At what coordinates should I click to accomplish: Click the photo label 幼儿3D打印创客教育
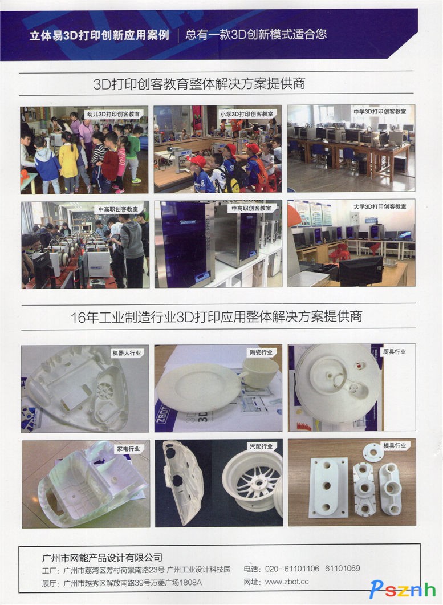[x=113, y=114]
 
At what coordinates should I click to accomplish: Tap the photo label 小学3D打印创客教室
[x=246, y=114]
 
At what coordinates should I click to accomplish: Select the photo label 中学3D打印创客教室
[x=380, y=112]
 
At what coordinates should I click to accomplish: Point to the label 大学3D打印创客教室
[x=380, y=207]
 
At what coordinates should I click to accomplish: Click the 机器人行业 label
[x=127, y=352]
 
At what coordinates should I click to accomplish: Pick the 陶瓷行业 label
[x=261, y=352]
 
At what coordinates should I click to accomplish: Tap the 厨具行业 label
[x=395, y=351]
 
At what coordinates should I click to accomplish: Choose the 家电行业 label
[x=128, y=449]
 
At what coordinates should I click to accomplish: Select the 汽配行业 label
[x=261, y=446]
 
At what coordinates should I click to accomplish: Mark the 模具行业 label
[x=395, y=446]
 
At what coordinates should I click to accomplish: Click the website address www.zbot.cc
[x=287, y=582]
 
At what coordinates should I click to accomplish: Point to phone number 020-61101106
[x=292, y=569]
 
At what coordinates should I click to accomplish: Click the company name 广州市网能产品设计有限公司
[x=102, y=558]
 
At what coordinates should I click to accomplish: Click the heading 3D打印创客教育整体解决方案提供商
[x=200, y=83]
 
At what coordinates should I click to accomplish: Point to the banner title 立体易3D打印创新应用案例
[x=99, y=35]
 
